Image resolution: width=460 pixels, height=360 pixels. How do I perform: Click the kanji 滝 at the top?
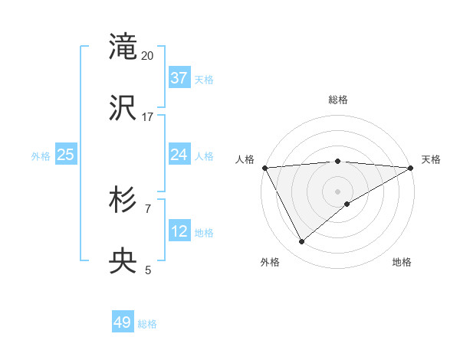click(123, 47)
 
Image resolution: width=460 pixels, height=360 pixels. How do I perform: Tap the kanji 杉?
click(123, 201)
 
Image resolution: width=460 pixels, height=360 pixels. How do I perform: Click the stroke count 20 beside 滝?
click(148, 56)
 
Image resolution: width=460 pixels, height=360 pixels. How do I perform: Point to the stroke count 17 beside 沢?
click(148, 117)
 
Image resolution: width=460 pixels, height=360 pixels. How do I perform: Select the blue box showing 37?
click(179, 77)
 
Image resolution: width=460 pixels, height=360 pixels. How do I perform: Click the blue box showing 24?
click(179, 155)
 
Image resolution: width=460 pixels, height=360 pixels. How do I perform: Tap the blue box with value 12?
click(179, 231)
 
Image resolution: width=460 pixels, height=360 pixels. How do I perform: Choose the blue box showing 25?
click(66, 155)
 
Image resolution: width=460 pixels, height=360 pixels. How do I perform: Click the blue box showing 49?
click(123, 322)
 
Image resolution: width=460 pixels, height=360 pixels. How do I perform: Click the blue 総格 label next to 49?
click(147, 324)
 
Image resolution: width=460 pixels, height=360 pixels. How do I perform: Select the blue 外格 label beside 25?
click(41, 156)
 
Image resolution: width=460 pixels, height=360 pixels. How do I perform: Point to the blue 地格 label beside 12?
click(204, 233)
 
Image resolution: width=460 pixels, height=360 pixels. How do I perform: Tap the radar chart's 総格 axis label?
click(338, 100)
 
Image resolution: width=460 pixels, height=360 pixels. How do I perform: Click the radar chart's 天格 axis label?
click(431, 159)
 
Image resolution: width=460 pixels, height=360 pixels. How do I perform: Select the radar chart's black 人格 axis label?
click(245, 159)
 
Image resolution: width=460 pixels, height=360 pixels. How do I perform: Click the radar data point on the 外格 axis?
click(301, 242)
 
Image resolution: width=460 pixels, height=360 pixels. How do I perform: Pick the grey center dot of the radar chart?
click(338, 191)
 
